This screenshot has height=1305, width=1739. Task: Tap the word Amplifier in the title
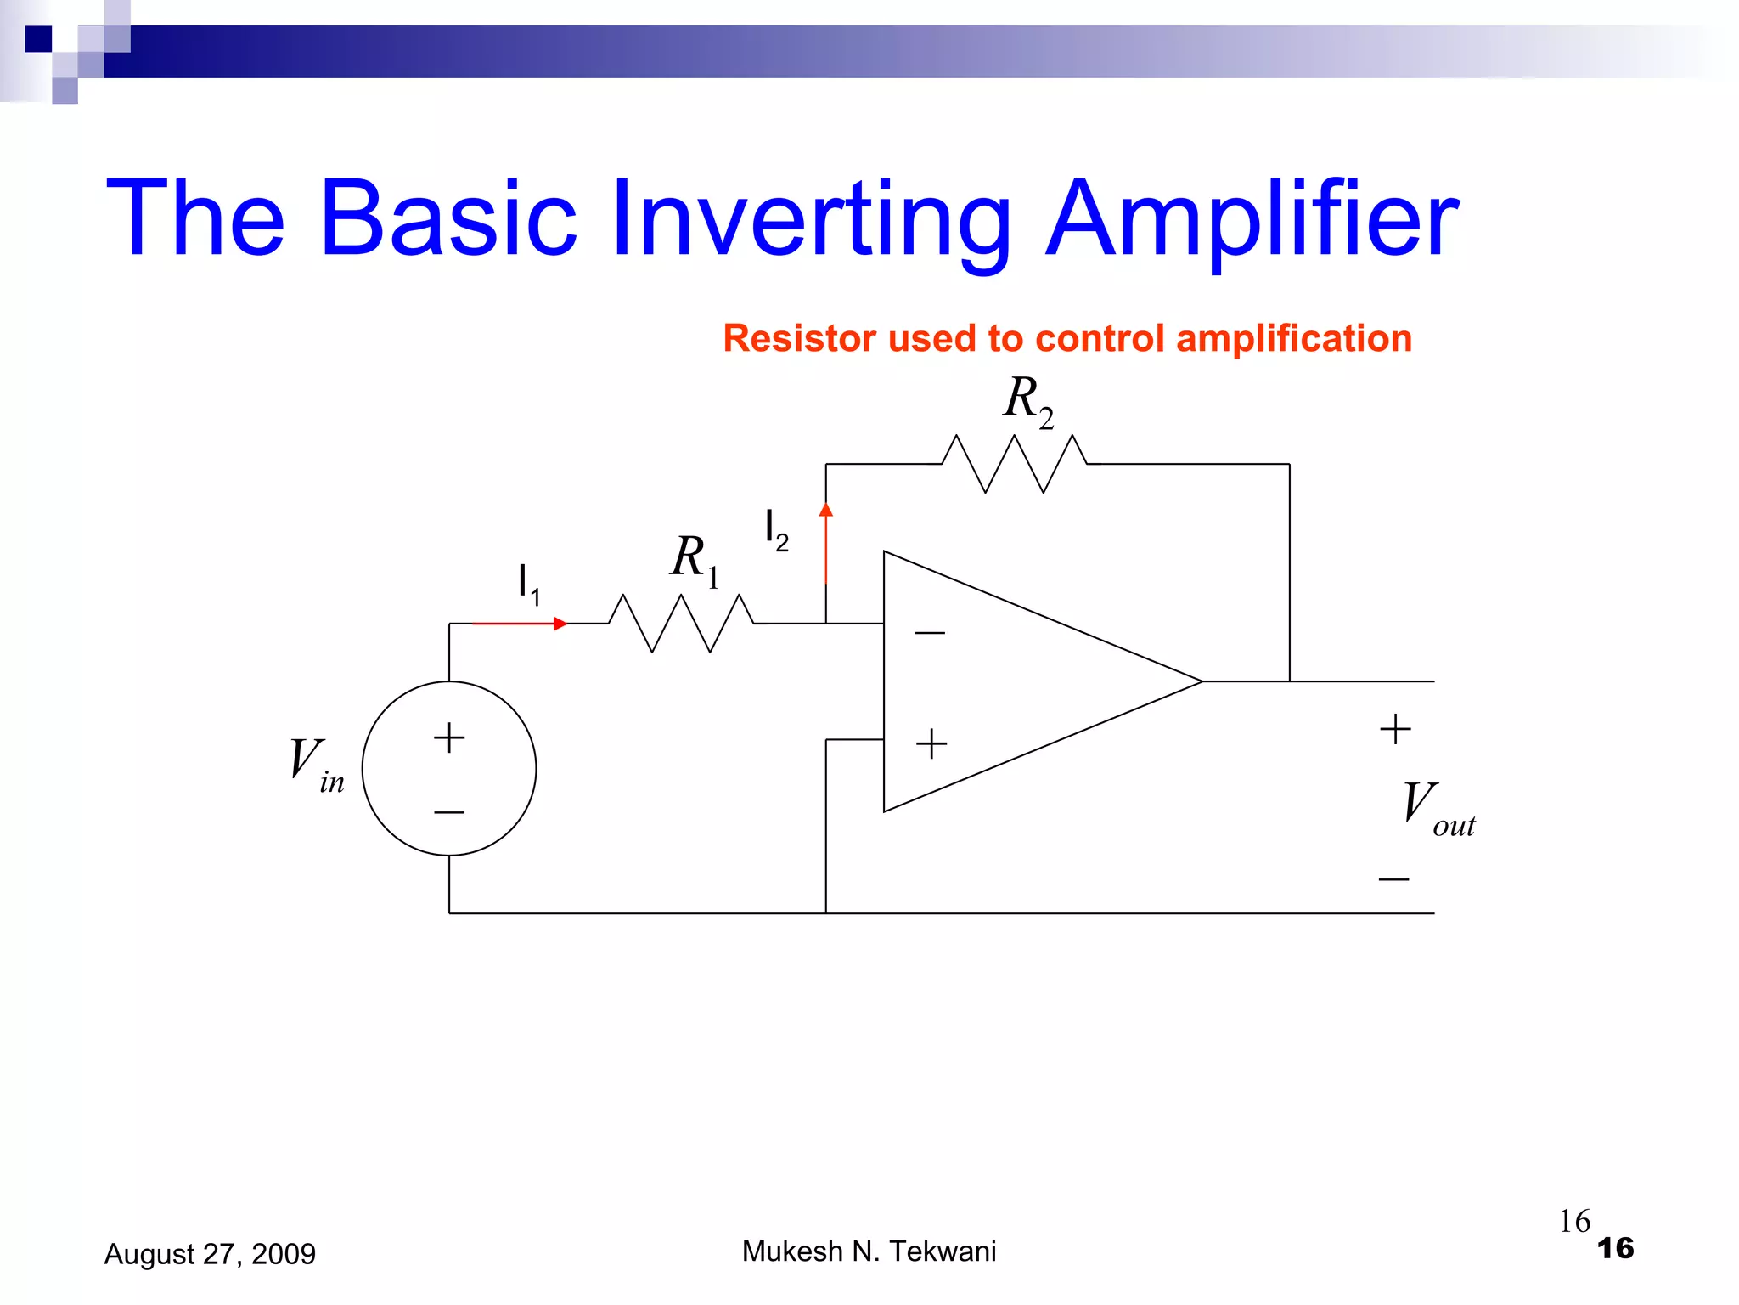click(1252, 219)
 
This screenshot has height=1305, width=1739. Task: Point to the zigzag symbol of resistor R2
click(1015, 464)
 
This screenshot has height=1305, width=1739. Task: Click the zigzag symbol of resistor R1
click(681, 624)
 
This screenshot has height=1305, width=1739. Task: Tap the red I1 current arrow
click(519, 624)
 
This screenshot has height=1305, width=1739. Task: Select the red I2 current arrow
click(826, 544)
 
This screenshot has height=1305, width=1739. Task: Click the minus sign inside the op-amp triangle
click(930, 633)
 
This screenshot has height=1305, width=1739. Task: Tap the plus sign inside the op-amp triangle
click(931, 743)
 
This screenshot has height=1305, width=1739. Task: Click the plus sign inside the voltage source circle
click(449, 737)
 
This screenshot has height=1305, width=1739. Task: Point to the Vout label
click(1437, 809)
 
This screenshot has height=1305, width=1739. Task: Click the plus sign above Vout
click(1395, 729)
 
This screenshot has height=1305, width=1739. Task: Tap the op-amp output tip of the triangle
click(1199, 681)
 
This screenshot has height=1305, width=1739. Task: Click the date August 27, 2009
click(210, 1254)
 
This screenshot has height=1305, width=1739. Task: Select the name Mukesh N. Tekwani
click(869, 1251)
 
